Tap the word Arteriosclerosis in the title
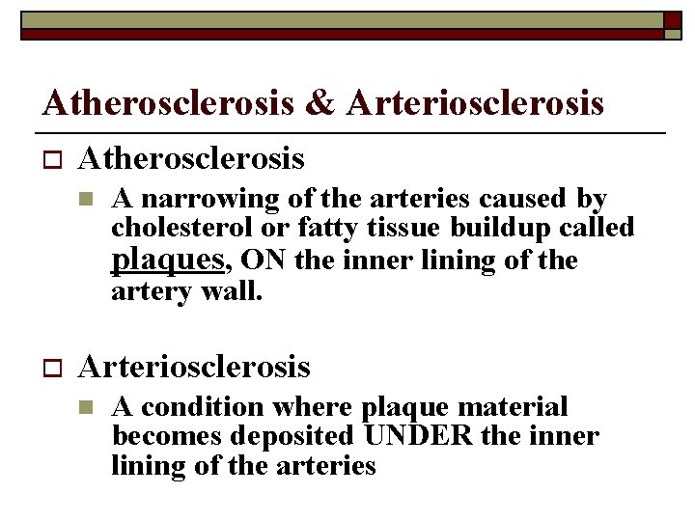coord(476,101)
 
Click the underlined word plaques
coord(168,260)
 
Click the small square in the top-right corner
coord(672,19)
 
